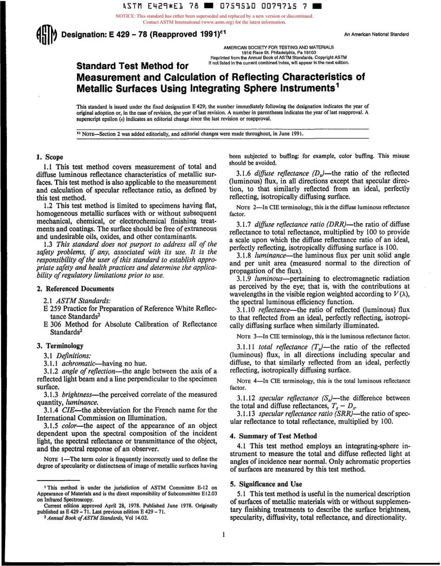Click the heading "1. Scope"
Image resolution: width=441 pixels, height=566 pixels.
click(x=50, y=157)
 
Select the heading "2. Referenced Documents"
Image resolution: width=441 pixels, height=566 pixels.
click(x=75, y=289)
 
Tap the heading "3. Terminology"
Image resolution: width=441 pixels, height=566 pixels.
click(x=60, y=346)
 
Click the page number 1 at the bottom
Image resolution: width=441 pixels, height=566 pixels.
click(x=223, y=534)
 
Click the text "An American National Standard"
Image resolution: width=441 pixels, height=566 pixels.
click(x=376, y=34)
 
